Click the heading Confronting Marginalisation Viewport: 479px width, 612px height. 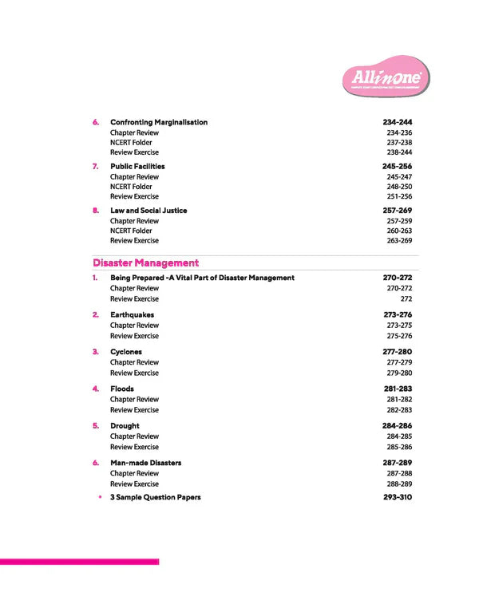click(158, 122)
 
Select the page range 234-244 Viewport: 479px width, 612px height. click(397, 122)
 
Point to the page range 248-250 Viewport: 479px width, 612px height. click(399, 187)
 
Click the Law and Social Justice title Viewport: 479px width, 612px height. click(148, 211)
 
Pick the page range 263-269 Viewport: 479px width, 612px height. click(399, 240)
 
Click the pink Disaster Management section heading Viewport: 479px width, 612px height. click(145, 263)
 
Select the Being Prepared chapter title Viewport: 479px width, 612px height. click(202, 278)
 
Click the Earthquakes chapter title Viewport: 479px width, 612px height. click(132, 314)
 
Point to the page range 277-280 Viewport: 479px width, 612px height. click(397, 351)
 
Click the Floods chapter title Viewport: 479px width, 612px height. click(122, 389)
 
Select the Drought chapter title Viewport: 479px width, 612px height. click(125, 426)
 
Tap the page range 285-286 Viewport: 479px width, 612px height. click(399, 447)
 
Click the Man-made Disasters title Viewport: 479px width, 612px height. click(145, 463)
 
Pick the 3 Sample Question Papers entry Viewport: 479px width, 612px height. click(155, 497)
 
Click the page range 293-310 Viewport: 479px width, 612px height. click(397, 497)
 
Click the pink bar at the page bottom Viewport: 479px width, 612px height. click(79, 562)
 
